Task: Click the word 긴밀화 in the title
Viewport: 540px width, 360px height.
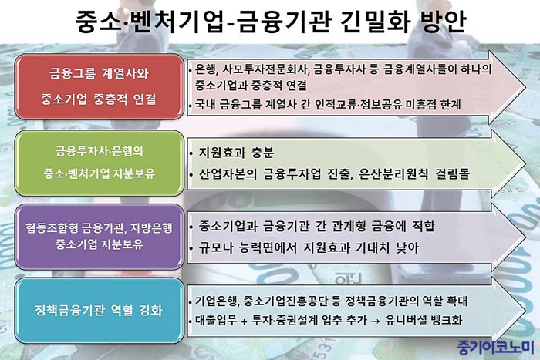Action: tap(375, 22)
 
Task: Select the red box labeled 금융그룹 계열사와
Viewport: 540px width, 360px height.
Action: tap(99, 86)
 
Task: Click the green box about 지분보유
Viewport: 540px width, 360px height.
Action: tap(99, 163)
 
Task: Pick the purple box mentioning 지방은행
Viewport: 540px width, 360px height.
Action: tap(99, 237)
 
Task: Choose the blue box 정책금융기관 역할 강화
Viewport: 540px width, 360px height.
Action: tap(99, 311)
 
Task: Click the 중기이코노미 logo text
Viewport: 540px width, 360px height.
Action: tap(495, 348)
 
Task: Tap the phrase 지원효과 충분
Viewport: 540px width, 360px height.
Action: tap(236, 153)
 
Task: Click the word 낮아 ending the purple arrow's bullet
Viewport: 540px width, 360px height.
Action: tap(408, 247)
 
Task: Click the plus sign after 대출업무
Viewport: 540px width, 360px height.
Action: tap(245, 321)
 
